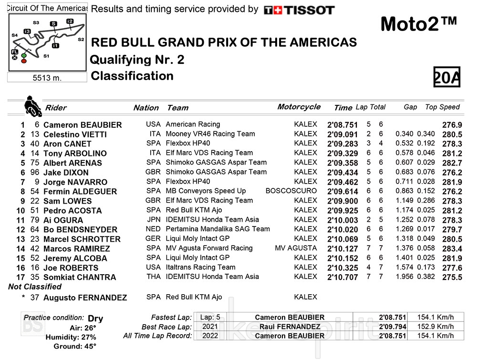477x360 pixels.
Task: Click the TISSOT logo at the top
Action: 299,10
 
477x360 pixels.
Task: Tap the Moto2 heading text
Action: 419,24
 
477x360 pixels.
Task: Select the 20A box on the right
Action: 446,77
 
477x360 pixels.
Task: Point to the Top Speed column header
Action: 442,107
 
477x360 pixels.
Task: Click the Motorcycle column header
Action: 299,107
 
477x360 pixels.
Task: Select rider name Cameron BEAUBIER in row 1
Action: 82,125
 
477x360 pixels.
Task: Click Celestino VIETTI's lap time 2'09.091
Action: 342,134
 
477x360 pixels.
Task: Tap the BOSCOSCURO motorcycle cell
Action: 291,191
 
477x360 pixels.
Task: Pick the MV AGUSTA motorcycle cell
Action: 296,248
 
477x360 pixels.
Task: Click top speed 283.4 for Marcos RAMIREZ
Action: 452,248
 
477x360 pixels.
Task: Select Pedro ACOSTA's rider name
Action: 72,211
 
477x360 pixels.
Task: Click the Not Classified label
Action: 35,287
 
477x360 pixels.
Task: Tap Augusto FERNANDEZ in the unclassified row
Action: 85,298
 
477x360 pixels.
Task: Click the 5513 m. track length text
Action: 47,78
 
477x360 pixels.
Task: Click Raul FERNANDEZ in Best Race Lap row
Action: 290,327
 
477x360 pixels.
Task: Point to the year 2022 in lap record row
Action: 210,336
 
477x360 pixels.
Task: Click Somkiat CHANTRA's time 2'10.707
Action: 342,277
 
